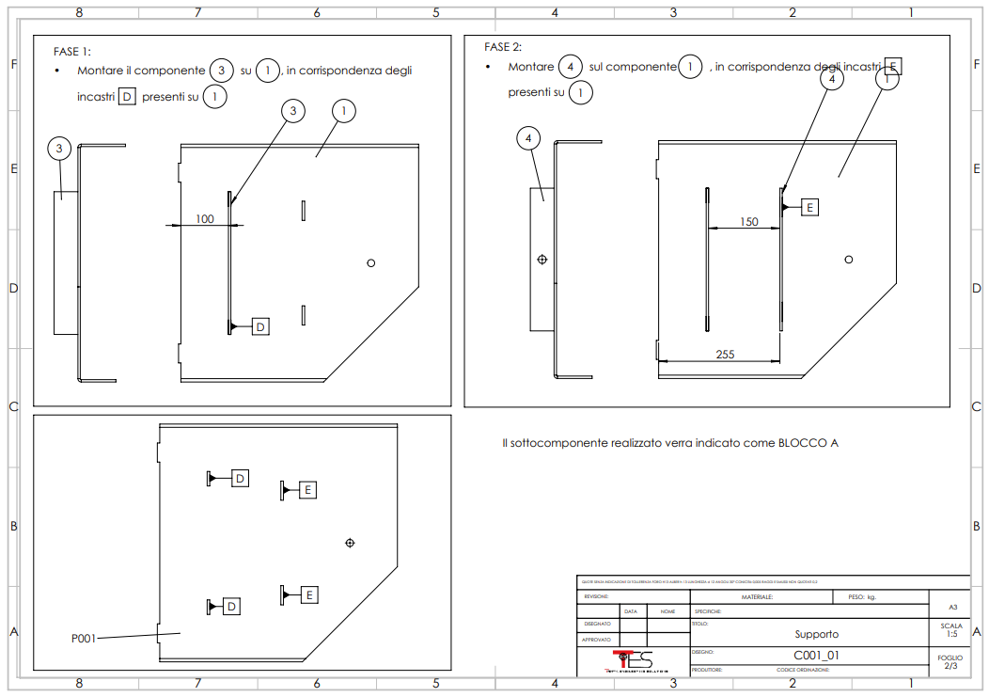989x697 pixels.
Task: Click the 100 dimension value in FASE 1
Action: [205, 219]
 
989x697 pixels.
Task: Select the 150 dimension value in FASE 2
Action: [748, 222]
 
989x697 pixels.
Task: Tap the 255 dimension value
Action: [725, 355]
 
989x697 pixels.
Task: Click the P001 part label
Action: [85, 639]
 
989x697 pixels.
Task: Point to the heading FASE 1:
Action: [72, 52]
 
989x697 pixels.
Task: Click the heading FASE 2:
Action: [503, 47]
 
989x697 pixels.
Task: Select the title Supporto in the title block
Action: [816, 634]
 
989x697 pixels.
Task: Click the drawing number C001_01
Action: [816, 655]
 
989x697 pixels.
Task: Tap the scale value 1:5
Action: [950, 634]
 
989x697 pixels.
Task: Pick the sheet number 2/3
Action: [950, 666]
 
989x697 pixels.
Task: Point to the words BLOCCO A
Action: [808, 443]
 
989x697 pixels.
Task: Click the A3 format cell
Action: [950, 608]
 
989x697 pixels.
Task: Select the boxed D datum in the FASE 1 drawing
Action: [261, 326]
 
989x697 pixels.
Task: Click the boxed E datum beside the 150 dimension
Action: [809, 207]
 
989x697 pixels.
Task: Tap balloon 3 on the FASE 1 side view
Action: [59, 149]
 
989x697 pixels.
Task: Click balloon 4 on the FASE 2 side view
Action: [529, 139]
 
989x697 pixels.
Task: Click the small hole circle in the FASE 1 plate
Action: [370, 263]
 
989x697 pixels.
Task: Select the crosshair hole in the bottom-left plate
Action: [350, 543]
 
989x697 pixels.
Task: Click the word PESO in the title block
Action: [856, 596]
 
